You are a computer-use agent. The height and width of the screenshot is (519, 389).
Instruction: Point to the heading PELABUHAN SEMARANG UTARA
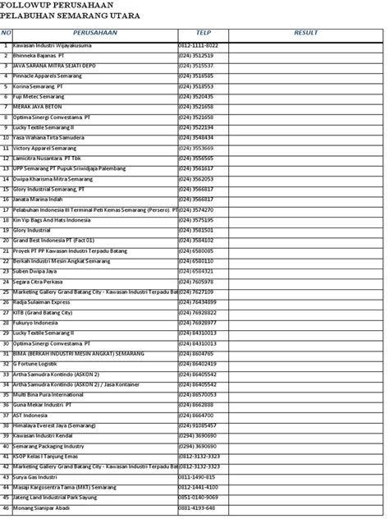71,16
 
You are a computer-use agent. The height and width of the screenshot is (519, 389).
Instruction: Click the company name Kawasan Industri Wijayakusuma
57,45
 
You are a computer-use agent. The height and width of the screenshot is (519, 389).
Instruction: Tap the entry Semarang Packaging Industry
48,445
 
